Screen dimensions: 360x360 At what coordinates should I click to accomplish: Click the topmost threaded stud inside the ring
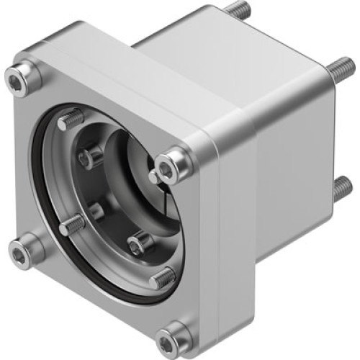pos(71,120)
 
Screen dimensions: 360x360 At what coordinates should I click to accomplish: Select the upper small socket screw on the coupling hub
pos(91,156)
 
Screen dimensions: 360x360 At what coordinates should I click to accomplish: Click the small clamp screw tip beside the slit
pos(153,176)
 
